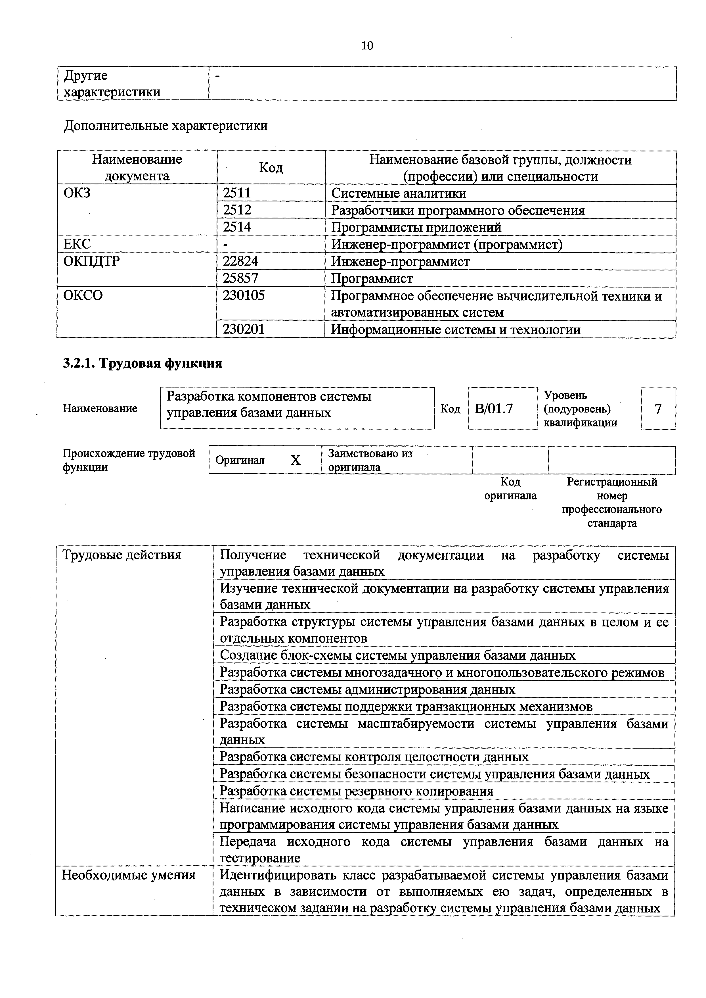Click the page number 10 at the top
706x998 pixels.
[x=367, y=46]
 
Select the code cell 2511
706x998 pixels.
[x=237, y=193]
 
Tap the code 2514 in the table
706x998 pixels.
[x=237, y=227]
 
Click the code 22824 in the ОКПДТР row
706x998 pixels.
[x=240, y=261]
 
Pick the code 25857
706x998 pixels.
[x=240, y=278]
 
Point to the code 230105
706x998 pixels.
[x=244, y=295]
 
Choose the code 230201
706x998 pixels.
[x=244, y=329]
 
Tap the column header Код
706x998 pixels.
[x=271, y=168]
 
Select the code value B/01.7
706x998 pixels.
[x=494, y=409]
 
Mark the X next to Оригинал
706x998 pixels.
[x=296, y=460]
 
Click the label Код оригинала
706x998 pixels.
[x=510, y=489]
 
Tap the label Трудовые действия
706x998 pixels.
[x=122, y=555]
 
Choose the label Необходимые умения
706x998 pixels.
[x=129, y=875]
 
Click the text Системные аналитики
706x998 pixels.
[x=398, y=193]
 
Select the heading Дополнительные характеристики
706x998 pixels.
[x=165, y=126]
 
